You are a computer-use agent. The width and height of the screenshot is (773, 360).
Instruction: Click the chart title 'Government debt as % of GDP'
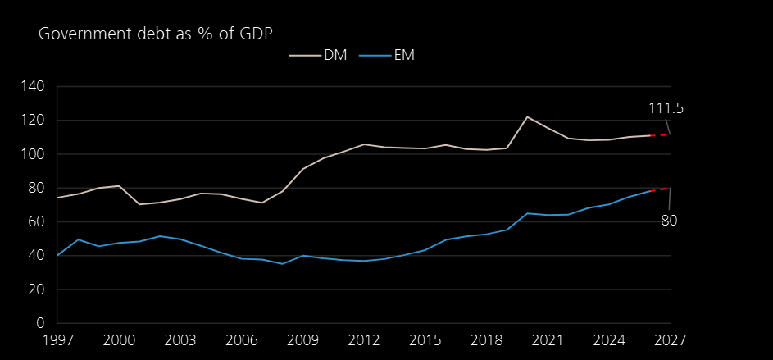tap(155, 34)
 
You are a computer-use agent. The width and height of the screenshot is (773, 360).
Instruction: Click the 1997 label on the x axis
tap(57, 339)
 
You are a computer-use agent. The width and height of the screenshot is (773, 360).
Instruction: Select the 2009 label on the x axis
tap(302, 339)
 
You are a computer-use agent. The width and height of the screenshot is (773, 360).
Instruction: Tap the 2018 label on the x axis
tap(486, 339)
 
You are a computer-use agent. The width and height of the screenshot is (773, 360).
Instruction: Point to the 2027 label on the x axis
tap(670, 339)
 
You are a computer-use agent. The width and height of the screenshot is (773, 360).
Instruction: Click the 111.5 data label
tap(666, 108)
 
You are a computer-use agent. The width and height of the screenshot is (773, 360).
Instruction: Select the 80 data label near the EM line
tap(669, 220)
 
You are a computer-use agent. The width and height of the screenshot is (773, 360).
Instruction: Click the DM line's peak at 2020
tap(527, 116)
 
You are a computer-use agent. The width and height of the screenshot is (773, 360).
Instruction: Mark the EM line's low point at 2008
tap(282, 263)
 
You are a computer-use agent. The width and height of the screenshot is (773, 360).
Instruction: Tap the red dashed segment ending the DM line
tap(660, 135)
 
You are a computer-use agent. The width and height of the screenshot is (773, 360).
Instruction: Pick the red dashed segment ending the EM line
tap(660, 189)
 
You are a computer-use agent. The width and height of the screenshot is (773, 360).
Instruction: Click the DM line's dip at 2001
tap(139, 204)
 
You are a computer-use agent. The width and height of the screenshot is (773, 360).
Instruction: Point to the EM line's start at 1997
tap(58, 255)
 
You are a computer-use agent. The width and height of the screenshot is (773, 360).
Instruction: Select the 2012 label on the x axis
tap(364, 339)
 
